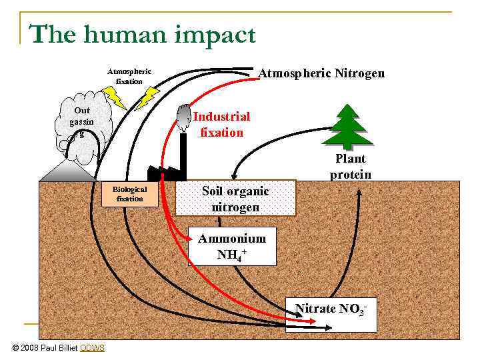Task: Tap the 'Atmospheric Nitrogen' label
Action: tap(321, 73)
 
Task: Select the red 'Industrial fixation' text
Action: tap(221, 124)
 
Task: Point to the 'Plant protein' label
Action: tap(350, 167)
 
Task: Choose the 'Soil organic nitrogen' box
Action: tap(235, 199)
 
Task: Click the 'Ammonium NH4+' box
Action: tap(231, 247)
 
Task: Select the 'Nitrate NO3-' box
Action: tap(331, 311)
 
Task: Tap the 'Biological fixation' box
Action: tap(129, 194)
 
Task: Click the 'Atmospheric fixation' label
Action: tap(129, 76)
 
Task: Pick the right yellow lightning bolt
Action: tap(151, 95)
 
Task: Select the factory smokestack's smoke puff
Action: tap(182, 118)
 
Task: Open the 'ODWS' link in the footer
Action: tap(92, 348)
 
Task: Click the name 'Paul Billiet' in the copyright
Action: tap(59, 348)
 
